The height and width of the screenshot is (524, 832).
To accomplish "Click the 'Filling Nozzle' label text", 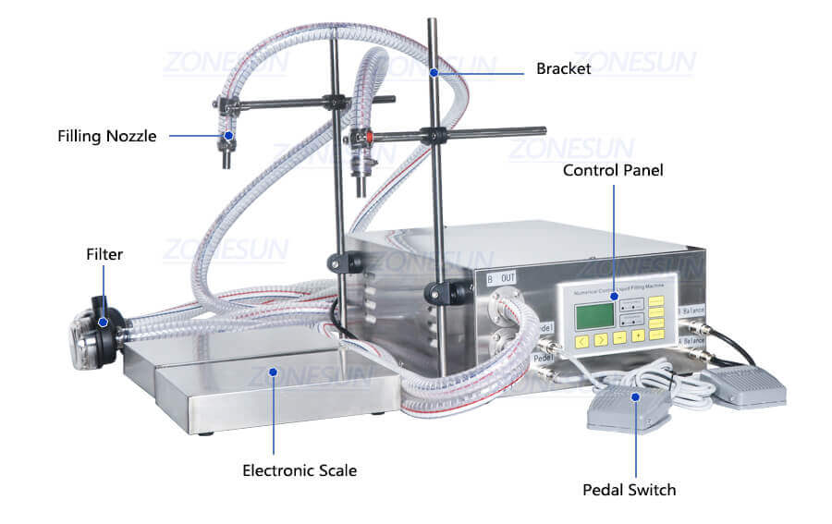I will (107, 136).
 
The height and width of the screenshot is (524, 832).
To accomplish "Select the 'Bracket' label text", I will (563, 69).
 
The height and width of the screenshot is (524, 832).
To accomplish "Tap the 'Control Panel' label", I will (613, 170).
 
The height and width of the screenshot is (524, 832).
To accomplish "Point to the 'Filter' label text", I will (104, 254).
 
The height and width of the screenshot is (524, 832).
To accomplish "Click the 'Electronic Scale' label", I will (300, 470).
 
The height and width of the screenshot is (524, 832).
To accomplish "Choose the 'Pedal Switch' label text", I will (629, 489).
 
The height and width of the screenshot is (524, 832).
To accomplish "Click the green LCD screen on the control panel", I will (593, 315).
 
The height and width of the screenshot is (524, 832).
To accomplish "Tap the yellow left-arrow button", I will (581, 340).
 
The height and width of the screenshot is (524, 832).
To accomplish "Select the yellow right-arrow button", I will (601, 339).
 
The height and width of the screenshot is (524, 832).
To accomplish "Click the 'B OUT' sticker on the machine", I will (503, 276).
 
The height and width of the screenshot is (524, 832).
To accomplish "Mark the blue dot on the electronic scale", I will (274, 372).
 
